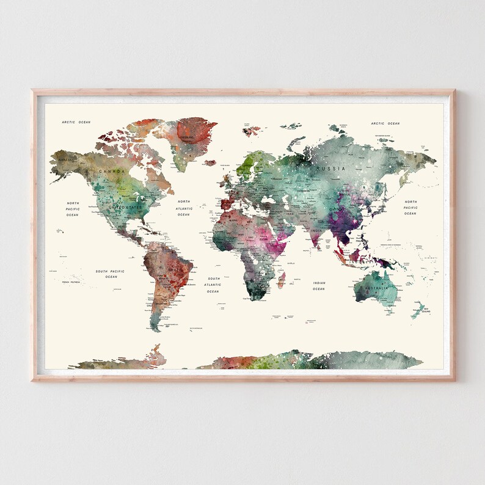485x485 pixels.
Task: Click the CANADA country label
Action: click(x=112, y=172)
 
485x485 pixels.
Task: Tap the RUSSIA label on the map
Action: click(x=334, y=168)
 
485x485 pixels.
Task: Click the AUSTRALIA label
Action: click(x=377, y=288)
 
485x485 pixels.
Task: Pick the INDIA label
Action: click(x=316, y=230)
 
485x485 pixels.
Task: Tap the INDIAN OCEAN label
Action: click(x=319, y=285)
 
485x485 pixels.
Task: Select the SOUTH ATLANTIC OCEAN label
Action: click(x=213, y=285)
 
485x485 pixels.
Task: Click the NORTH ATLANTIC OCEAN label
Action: click(x=184, y=208)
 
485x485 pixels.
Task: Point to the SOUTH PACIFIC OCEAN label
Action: click(x=111, y=274)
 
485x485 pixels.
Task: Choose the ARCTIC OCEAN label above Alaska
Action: click(x=76, y=122)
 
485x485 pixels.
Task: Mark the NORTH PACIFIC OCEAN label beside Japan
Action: click(x=410, y=208)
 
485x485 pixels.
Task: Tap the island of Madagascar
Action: click(x=282, y=280)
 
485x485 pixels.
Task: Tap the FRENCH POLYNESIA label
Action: click(x=72, y=282)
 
